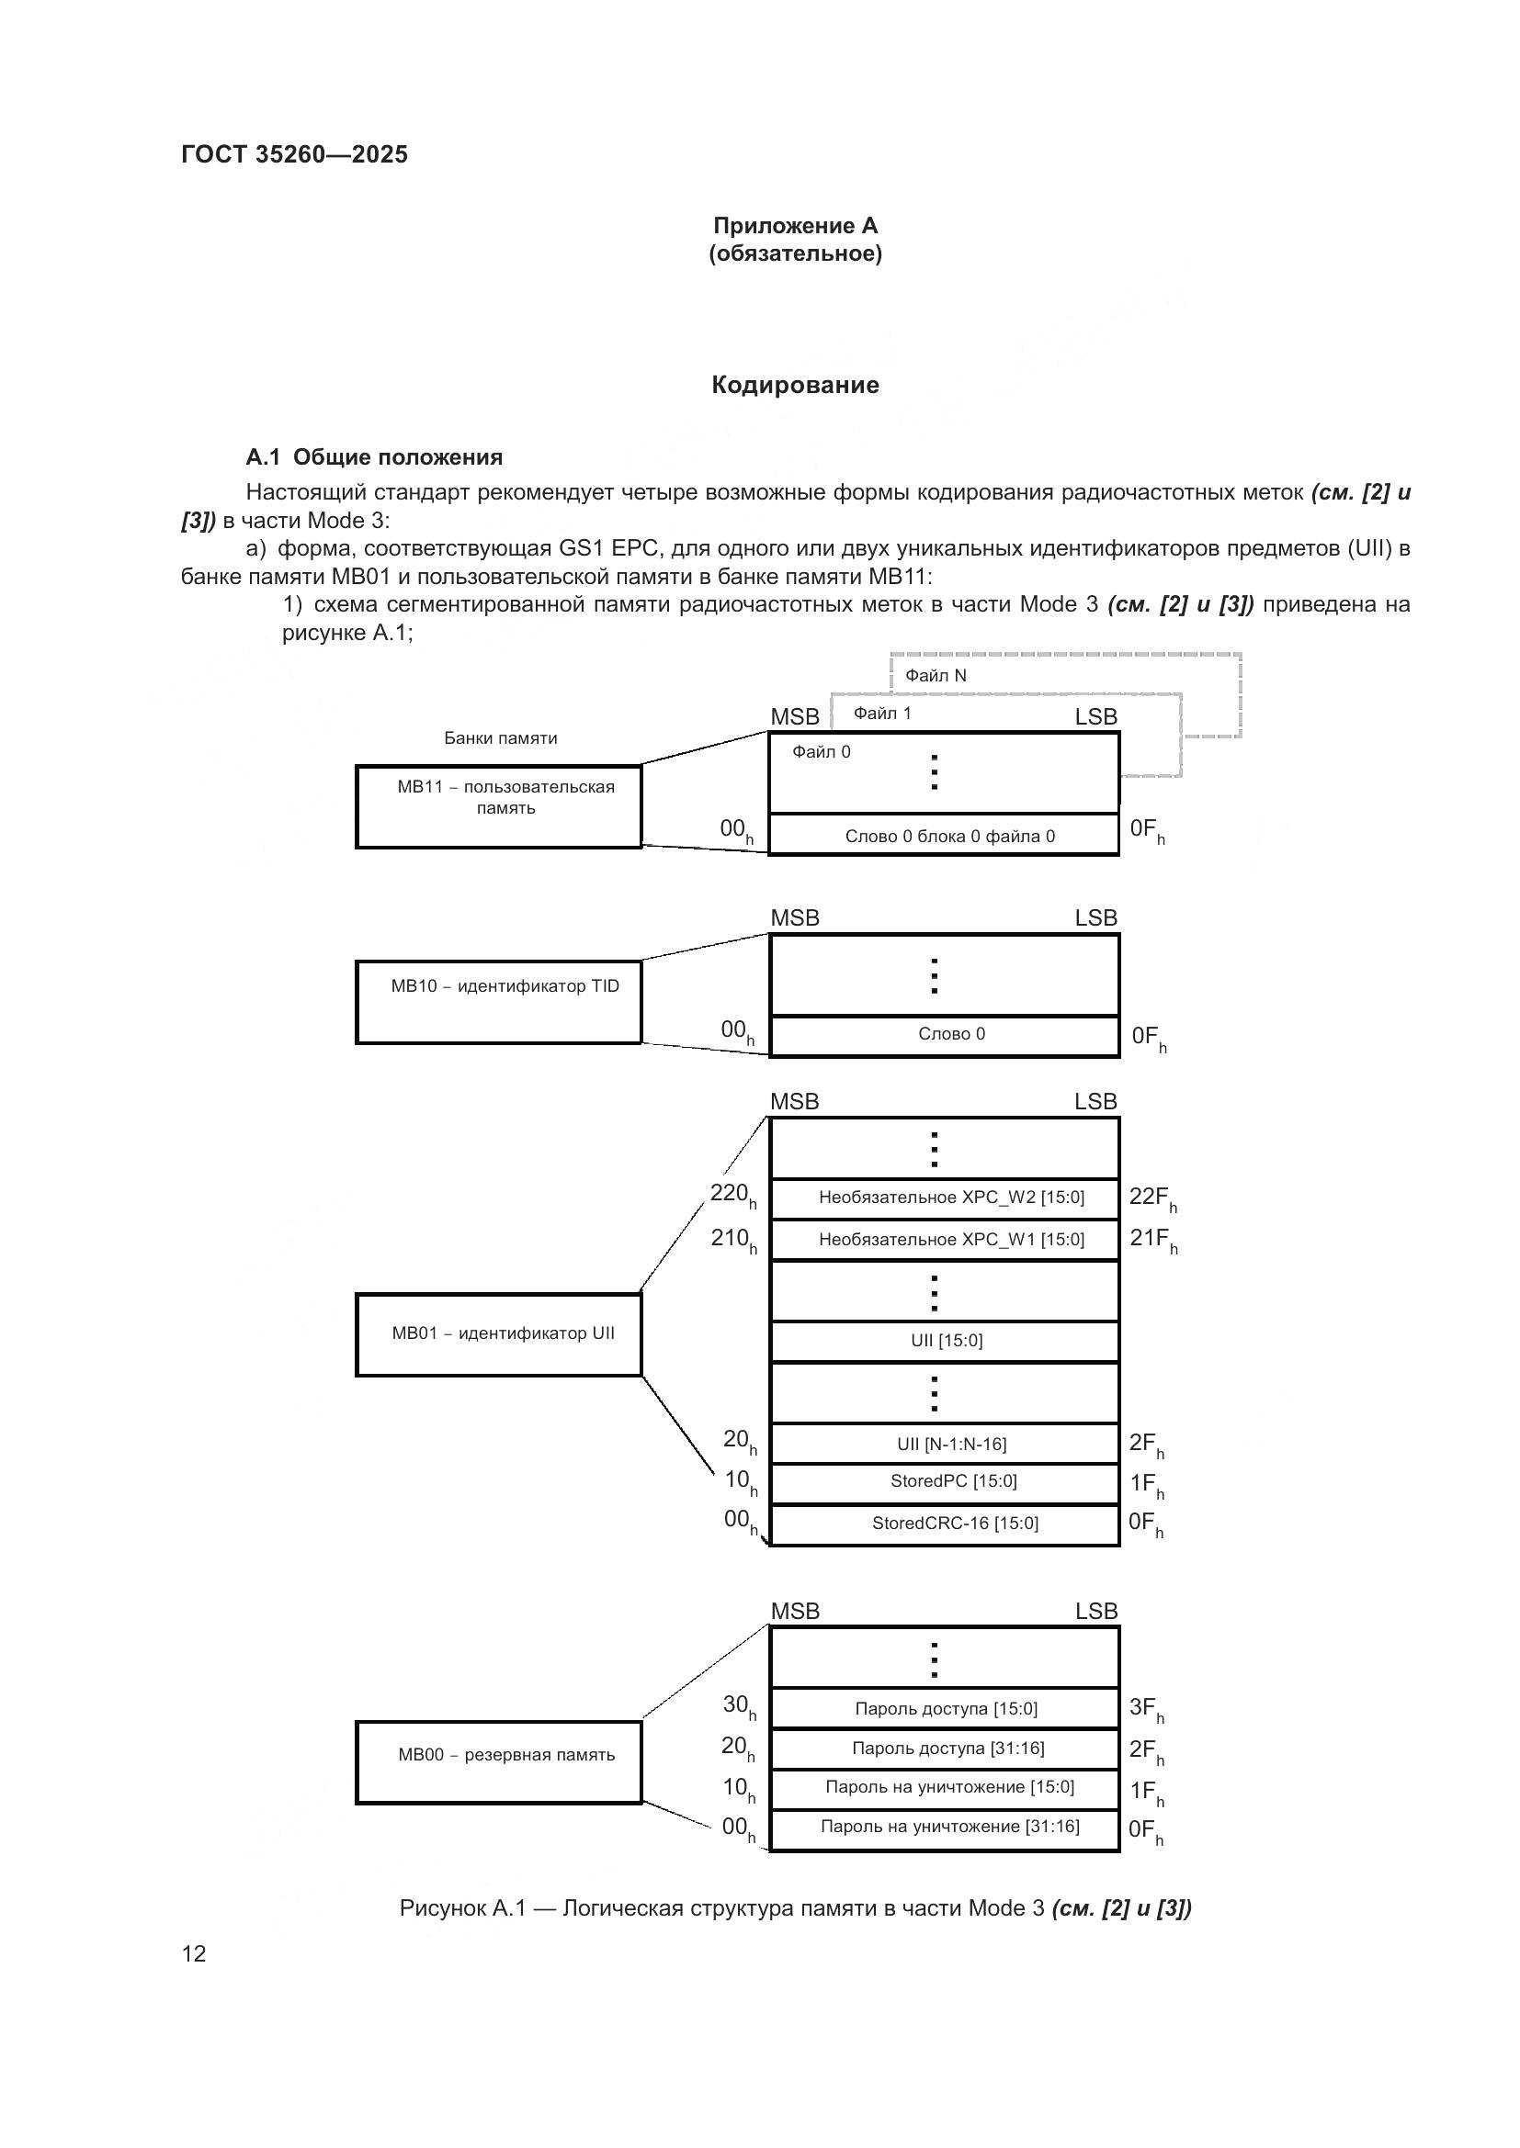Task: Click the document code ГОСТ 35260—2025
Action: click(x=294, y=154)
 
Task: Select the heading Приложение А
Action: click(x=795, y=226)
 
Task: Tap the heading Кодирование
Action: click(x=795, y=385)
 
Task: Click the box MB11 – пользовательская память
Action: click(x=498, y=806)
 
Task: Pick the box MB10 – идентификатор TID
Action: click(x=498, y=1001)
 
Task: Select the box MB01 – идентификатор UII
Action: click(x=498, y=1334)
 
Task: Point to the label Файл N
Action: click(x=935, y=676)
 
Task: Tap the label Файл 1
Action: click(x=881, y=714)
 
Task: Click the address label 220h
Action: click(x=732, y=1195)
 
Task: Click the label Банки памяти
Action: click(x=500, y=738)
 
